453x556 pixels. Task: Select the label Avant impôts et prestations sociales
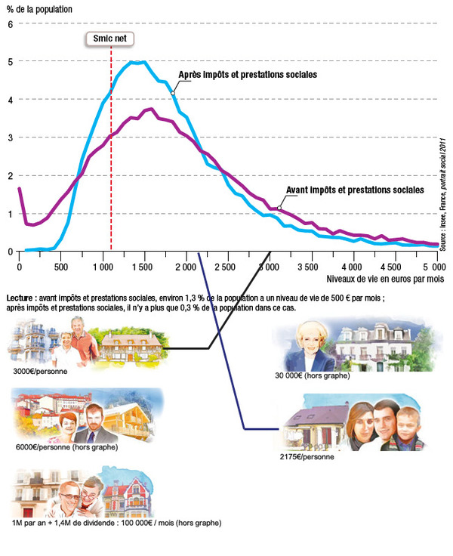coord(356,189)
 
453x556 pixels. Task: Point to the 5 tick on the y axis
coord(11,61)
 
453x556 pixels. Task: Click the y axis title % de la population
coord(39,8)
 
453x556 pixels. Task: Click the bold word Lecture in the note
coord(20,298)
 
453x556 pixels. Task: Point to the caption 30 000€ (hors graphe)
coord(312,375)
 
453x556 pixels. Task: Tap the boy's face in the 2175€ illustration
coord(408,425)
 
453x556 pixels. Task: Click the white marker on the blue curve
coord(173,93)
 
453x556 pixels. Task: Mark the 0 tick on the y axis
coord(11,252)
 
